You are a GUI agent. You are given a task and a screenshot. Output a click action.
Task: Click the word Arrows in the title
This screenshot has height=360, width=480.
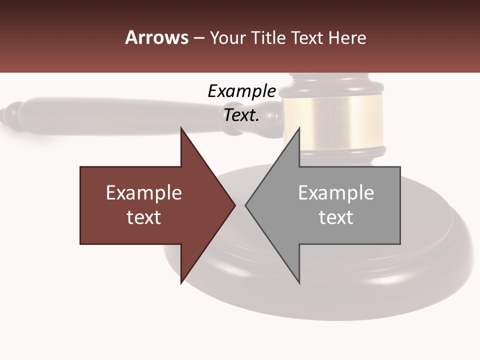click(x=156, y=37)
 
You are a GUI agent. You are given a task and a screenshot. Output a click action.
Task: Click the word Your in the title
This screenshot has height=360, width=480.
click(x=227, y=38)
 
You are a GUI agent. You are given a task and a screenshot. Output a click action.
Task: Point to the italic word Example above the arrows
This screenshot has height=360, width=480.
click(x=241, y=91)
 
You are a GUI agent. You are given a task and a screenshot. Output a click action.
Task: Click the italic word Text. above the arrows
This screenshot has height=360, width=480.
click(x=241, y=115)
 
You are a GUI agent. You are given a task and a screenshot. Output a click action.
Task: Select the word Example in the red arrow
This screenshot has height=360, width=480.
click(x=144, y=193)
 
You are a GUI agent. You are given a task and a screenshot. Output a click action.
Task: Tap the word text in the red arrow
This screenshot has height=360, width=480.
click(x=144, y=217)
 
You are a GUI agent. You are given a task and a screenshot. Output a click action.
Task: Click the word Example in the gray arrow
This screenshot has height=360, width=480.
click(x=336, y=193)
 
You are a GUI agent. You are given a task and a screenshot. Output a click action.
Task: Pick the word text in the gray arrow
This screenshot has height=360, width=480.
click(x=336, y=217)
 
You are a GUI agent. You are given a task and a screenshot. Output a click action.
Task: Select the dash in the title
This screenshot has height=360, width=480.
click(x=198, y=38)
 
